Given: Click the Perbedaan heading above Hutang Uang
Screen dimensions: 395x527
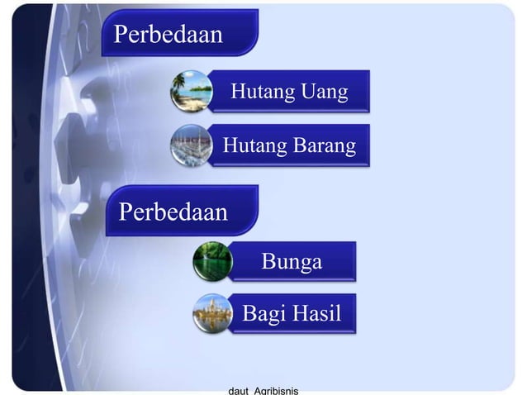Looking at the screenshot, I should coord(168,35).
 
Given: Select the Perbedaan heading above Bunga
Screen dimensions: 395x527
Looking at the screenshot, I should coord(173,212).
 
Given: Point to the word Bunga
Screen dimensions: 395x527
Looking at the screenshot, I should coord(292,263).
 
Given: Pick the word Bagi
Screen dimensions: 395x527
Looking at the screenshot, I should coord(262,314).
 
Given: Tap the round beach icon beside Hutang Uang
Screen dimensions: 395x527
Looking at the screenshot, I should coord(192,91).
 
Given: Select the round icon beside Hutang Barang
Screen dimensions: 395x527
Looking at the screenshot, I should coord(192,145).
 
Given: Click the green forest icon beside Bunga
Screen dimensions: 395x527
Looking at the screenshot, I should coord(212,262).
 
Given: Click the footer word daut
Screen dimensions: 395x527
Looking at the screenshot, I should coord(238,389).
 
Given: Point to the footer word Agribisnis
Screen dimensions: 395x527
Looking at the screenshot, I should coord(276,389).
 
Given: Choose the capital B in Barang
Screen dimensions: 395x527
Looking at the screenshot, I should coord(298,146).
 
